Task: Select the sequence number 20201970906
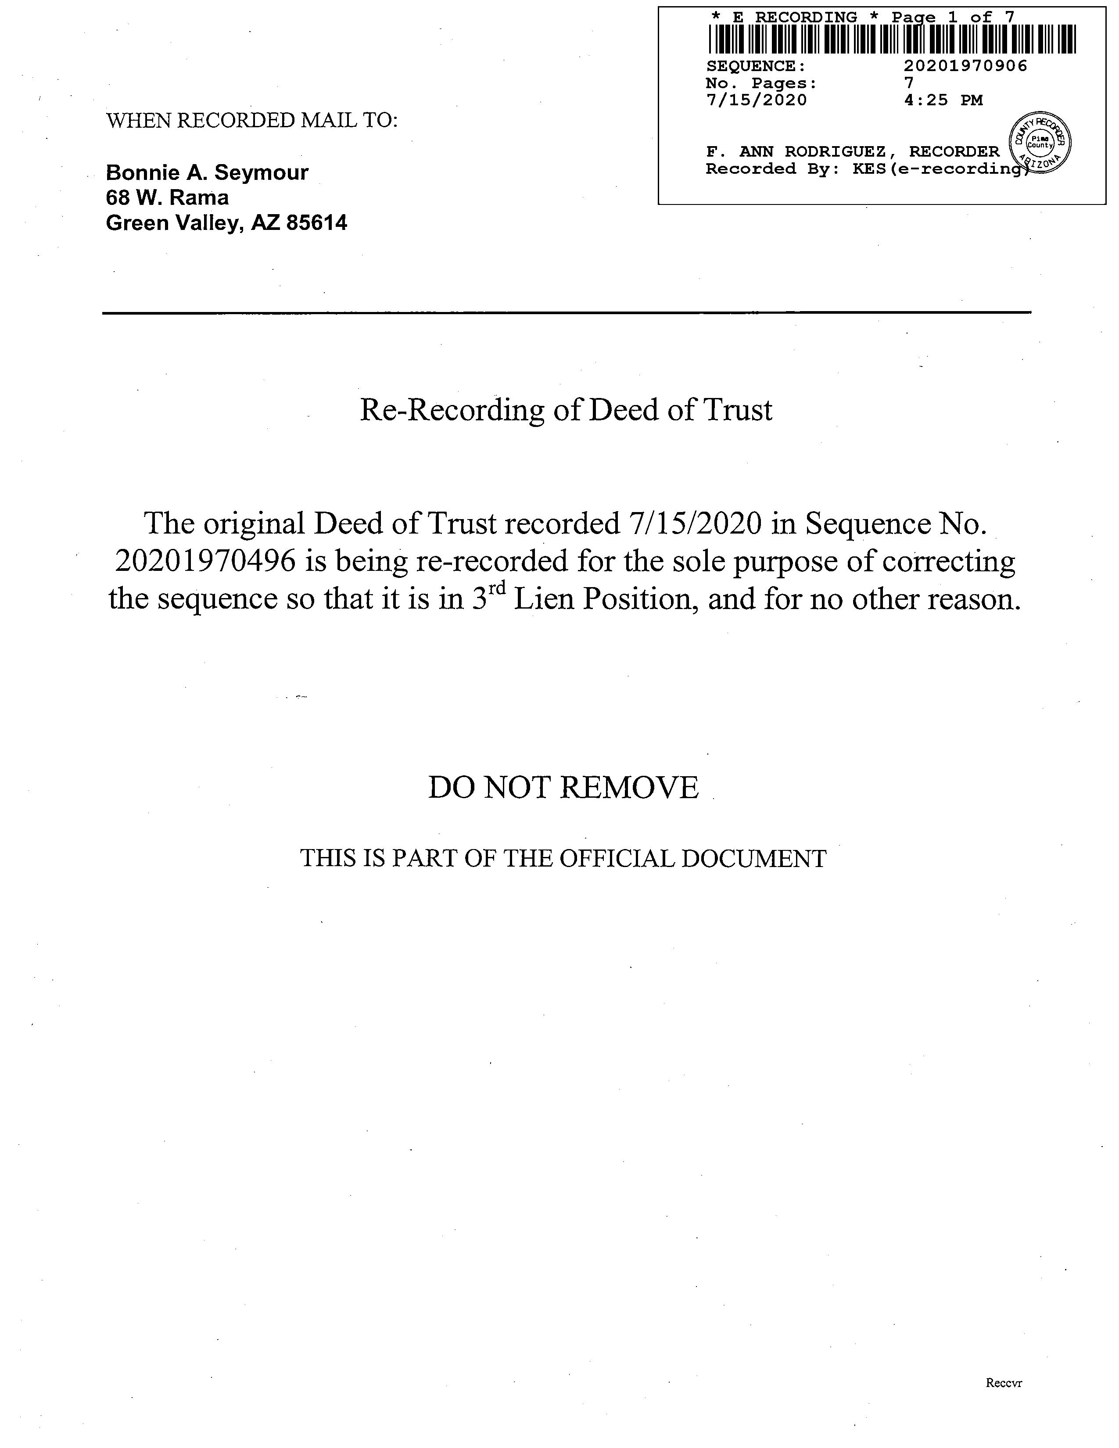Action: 965,66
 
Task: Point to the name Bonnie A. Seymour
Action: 207,172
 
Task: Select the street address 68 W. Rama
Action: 167,197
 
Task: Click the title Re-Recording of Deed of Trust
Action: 566,410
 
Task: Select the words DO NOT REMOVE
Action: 563,788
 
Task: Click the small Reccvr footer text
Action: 1004,1383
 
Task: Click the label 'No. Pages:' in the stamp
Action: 761,83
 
